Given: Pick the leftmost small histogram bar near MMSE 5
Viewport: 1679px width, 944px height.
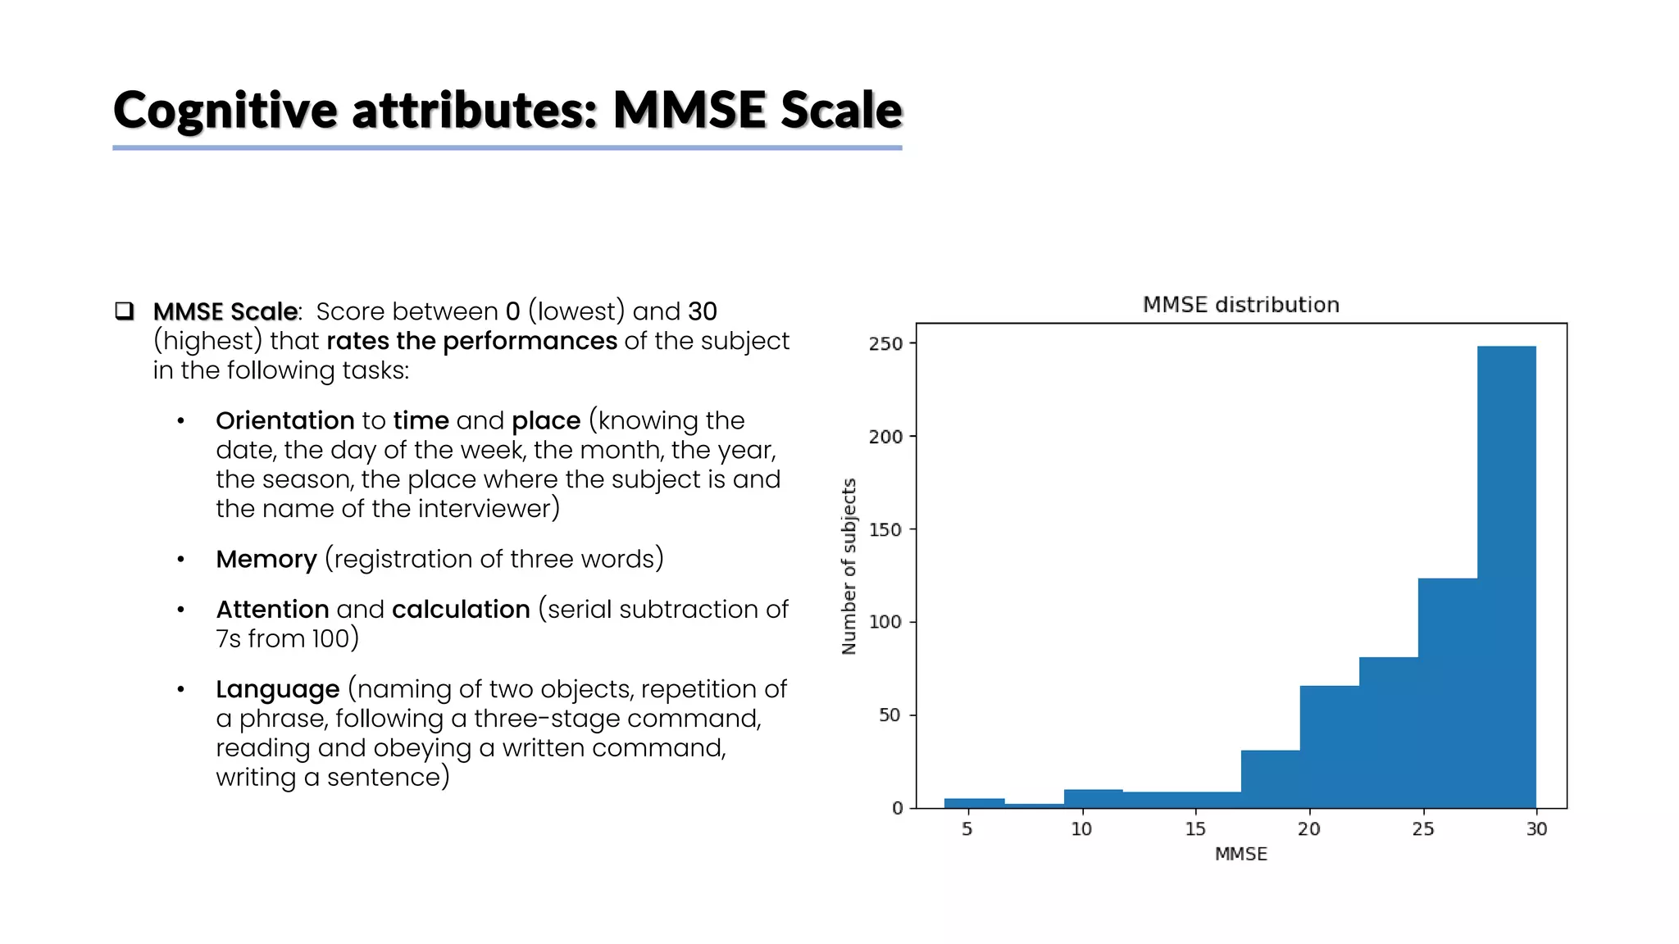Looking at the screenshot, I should tap(974, 803).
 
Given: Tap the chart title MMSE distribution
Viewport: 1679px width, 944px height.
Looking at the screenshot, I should tap(1240, 305).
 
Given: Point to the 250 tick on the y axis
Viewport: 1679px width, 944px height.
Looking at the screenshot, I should tap(885, 344).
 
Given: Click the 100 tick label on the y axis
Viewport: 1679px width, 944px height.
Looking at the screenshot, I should tap(885, 622).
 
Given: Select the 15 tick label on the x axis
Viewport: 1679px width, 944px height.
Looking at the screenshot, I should tap(1194, 829).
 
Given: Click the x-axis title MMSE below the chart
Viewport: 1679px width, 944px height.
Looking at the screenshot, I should tap(1240, 854).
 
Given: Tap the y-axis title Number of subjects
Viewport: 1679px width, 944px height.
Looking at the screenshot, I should tap(849, 566).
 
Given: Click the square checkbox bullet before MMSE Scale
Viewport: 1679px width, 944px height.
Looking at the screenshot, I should tap(125, 311).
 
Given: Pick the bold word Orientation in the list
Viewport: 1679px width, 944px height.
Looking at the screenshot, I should tap(284, 420).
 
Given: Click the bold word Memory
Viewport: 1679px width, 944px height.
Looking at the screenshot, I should tap(266, 559).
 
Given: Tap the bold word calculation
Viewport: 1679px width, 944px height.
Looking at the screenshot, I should tap(461, 610).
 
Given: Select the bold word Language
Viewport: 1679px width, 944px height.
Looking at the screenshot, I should tap(277, 689).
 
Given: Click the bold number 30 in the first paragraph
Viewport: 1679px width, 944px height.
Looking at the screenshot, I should tap(702, 311).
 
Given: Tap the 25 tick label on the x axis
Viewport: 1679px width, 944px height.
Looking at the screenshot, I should tap(1422, 829).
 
